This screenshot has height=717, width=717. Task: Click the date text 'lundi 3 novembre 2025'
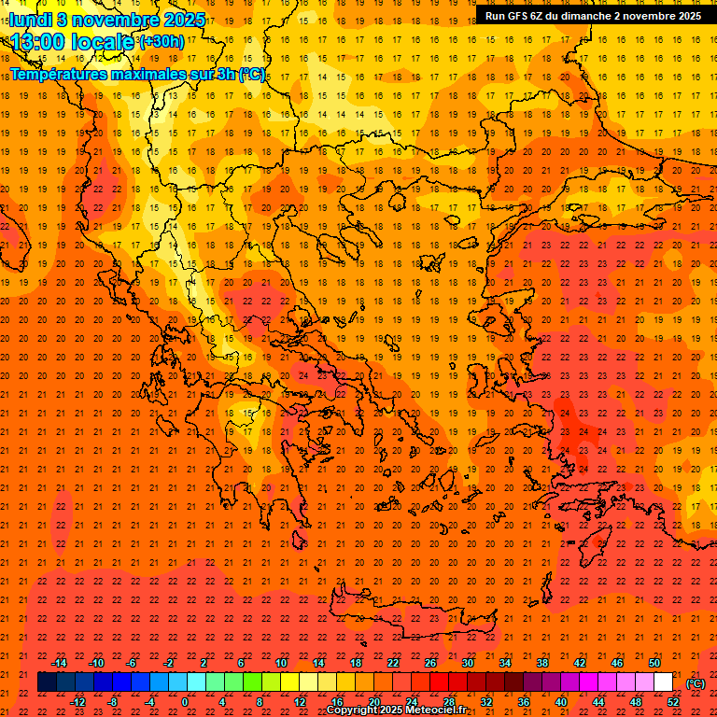93,19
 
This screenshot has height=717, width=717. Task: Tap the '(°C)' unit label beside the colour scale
696,683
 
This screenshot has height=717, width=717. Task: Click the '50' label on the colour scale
654,663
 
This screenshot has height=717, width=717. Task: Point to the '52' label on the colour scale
673,702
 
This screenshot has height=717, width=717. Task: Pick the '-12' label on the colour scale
77,702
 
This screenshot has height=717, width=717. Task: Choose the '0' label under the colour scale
185,702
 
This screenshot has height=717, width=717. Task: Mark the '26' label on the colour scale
430,663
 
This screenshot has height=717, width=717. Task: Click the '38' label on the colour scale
542,663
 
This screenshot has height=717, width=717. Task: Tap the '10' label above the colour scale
280,663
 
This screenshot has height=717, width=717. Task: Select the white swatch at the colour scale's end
663,682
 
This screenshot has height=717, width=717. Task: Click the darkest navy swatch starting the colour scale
47,682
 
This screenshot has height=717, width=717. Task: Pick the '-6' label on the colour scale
133,663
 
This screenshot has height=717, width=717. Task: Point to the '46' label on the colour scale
616,663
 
